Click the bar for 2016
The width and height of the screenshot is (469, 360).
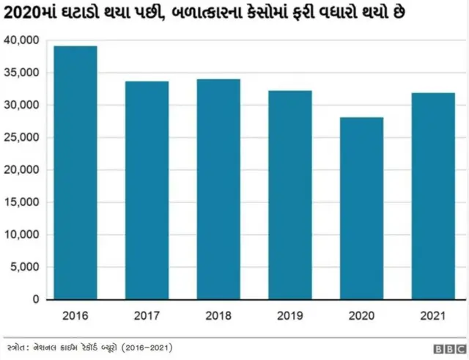(75, 173)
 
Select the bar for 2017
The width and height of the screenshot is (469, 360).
(147, 191)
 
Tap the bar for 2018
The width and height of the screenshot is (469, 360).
(218, 189)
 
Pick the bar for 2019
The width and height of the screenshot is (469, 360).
(289, 195)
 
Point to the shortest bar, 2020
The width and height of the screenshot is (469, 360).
(361, 208)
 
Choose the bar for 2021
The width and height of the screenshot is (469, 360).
(433, 196)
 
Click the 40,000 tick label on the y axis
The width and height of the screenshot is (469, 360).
(21, 40)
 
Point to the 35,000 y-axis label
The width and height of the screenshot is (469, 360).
(21, 73)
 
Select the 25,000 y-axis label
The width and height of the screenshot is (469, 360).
(21, 138)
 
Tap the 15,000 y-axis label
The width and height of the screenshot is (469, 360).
(21, 202)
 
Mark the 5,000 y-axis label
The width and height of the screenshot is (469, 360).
(24, 267)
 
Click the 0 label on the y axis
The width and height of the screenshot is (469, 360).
(36, 299)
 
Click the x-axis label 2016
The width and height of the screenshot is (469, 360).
(75, 316)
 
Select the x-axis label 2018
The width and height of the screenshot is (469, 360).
(218, 316)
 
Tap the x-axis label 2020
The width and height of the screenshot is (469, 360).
(361, 316)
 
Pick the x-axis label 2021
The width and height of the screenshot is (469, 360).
(433, 316)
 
